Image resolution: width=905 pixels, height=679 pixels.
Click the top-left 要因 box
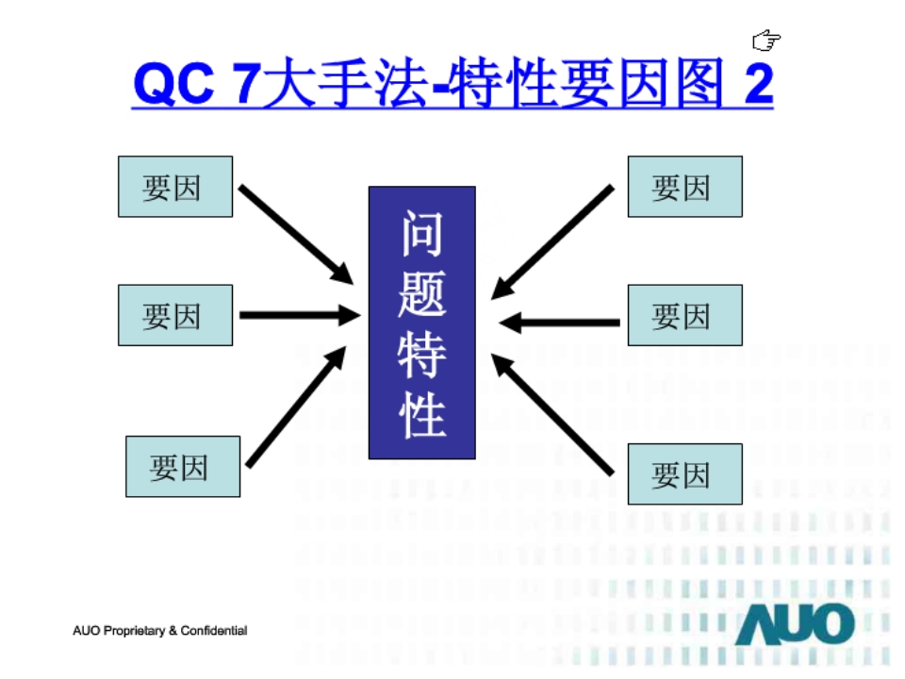[174, 187]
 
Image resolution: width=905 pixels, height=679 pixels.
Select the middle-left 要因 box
[174, 315]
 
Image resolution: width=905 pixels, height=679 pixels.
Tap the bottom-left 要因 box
[183, 467]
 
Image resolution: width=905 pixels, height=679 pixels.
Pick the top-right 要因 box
[684, 187]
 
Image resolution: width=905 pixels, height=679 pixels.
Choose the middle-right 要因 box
[684, 315]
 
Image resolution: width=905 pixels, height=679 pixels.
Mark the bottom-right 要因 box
[684, 474]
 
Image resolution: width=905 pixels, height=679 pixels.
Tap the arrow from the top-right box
[553, 240]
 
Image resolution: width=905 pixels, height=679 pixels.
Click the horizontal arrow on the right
[560, 323]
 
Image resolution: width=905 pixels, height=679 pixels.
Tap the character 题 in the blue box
[421, 291]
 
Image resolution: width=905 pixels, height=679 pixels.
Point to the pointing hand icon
[766, 40]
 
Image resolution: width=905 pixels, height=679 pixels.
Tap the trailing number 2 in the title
[758, 84]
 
